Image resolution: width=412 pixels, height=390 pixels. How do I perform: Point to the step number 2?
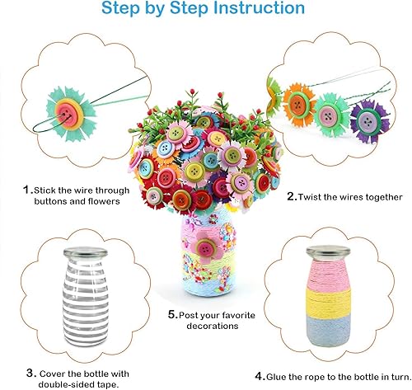292,197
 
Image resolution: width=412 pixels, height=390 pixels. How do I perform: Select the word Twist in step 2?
315,197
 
